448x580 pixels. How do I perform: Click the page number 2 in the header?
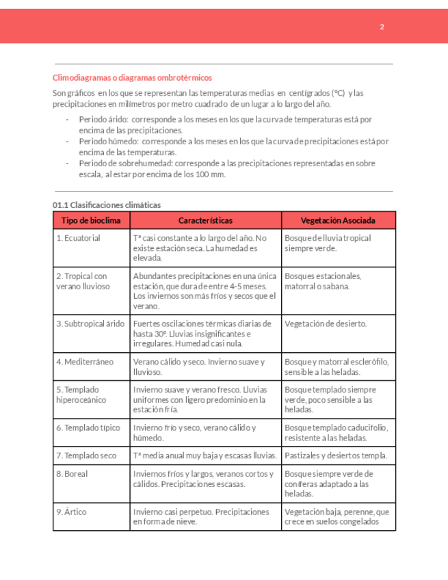(x=382, y=27)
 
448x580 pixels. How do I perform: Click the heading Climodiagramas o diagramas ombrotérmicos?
(x=132, y=78)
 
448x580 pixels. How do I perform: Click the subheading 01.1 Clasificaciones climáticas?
(x=107, y=205)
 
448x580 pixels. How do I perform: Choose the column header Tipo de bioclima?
(x=91, y=220)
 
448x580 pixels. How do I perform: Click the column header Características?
(x=205, y=220)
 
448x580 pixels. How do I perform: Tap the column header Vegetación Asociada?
(x=338, y=220)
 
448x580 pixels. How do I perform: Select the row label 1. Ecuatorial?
(x=79, y=238)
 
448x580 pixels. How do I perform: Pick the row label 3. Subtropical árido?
(x=90, y=324)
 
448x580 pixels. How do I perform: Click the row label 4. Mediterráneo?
(x=85, y=361)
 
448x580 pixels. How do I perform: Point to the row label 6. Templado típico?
(x=88, y=427)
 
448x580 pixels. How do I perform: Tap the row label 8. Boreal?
(x=72, y=473)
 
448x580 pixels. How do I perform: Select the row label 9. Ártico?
(x=72, y=511)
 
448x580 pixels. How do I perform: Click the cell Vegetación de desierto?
(x=326, y=324)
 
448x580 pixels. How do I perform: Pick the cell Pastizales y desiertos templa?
(x=336, y=455)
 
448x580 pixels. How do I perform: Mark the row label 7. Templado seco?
(x=86, y=455)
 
